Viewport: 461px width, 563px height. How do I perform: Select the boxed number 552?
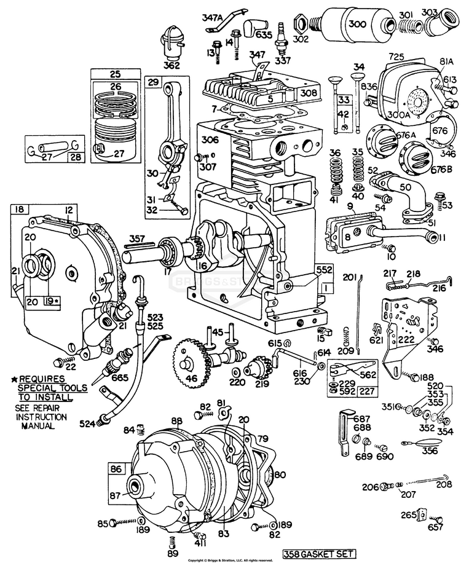coord(324,270)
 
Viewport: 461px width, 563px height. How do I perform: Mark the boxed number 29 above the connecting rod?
coord(153,82)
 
